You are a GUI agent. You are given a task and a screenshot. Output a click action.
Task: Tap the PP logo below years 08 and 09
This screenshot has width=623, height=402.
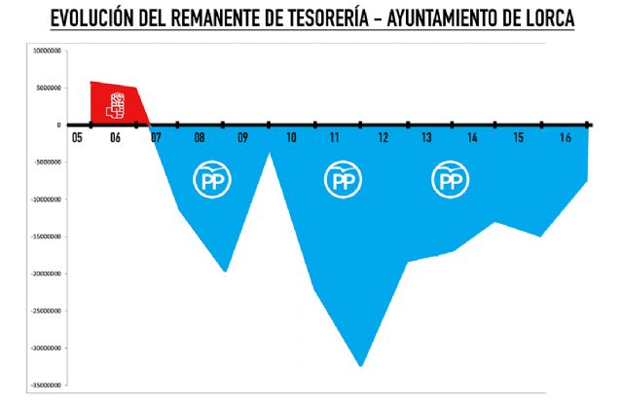pos(209,180)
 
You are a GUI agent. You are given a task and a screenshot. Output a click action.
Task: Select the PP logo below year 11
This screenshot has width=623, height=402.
pos(342,180)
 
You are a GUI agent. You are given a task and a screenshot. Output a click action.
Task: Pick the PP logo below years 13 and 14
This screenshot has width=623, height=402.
pos(449,180)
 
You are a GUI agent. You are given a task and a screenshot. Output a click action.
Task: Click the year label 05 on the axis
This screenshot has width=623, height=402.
pos(76,138)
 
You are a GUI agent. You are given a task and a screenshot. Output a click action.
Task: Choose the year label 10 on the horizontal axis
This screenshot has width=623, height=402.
pos(290,138)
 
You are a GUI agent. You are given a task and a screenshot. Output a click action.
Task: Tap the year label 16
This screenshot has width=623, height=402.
pos(565,138)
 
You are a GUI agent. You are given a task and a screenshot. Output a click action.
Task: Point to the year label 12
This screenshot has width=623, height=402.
pos(383,138)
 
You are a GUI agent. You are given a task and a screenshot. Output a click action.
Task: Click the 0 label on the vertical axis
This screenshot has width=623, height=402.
pos(59,125)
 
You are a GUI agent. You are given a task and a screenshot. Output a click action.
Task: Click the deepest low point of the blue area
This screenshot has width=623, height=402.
pos(361,365)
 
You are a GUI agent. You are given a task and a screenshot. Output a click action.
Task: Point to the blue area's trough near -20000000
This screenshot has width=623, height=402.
pos(225,271)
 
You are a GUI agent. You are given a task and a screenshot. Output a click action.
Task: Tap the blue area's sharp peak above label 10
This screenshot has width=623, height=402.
pos(270,153)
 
